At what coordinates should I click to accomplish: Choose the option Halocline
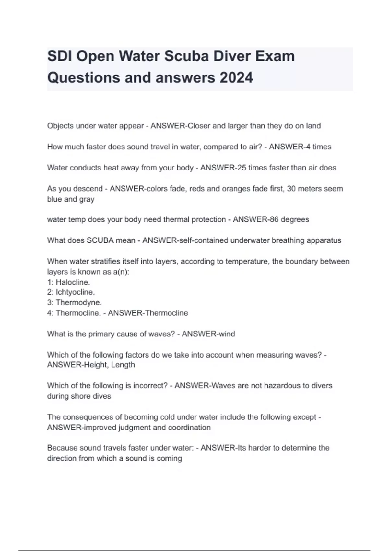[x=73, y=282]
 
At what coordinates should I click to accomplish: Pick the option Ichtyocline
[x=75, y=292]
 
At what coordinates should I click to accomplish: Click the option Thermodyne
[x=79, y=302]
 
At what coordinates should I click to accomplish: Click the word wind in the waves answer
[x=227, y=334]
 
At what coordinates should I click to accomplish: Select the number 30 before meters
[x=291, y=189]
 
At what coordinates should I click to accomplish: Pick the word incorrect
[x=149, y=386]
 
